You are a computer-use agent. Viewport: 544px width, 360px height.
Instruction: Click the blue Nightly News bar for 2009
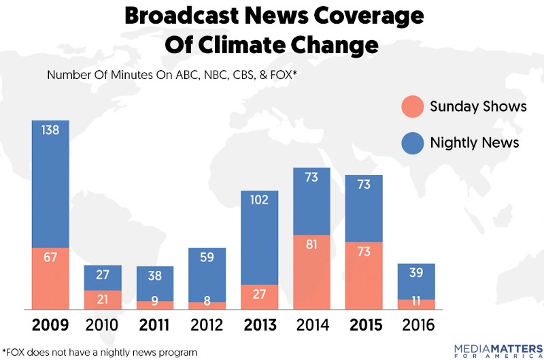click(50, 184)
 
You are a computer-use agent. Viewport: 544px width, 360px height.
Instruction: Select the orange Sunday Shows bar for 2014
click(311, 272)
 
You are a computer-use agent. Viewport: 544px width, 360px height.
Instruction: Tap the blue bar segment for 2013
click(260, 238)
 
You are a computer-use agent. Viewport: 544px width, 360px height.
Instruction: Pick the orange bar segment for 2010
click(103, 299)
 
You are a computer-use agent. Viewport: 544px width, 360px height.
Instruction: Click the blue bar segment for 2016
click(416, 281)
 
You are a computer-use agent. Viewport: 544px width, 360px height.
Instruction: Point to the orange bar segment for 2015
click(364, 276)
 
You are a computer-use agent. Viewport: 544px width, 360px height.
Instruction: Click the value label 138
click(50, 129)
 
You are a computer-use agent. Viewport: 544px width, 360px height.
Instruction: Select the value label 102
click(260, 201)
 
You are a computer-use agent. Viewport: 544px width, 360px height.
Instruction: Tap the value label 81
click(311, 245)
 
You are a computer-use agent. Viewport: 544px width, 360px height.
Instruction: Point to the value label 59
click(207, 257)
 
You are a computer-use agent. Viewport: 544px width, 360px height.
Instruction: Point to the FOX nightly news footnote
click(99, 352)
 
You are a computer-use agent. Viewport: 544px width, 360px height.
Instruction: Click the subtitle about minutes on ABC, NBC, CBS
click(173, 75)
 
